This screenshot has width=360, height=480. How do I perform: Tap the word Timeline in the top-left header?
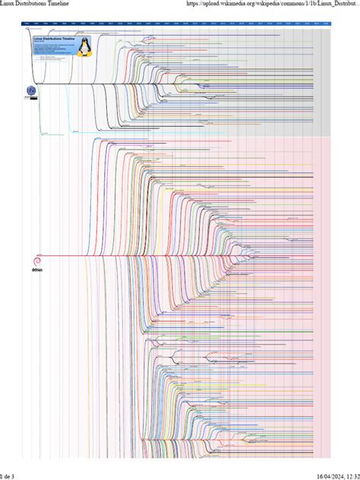click(67, 5)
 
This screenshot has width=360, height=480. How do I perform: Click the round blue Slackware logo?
click(31, 90)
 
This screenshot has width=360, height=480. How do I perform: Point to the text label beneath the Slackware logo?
click(31, 98)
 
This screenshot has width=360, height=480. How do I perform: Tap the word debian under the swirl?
click(36, 269)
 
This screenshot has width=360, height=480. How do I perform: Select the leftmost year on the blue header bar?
click(27, 24)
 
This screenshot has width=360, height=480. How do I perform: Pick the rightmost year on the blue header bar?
click(326, 24)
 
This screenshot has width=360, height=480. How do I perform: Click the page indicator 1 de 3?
click(8, 475)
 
